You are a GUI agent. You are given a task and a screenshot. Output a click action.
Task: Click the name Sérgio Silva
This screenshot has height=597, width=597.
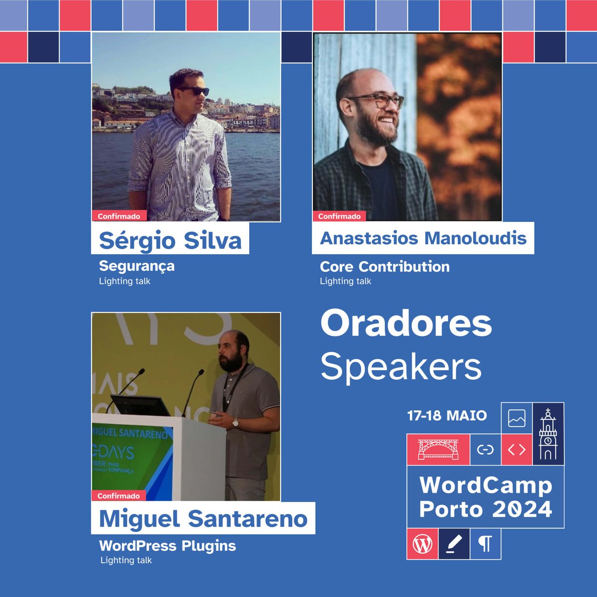(170, 241)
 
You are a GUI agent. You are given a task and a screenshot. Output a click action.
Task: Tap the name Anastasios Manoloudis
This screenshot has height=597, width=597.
(423, 238)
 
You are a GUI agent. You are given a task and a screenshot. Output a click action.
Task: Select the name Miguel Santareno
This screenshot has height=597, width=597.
(203, 519)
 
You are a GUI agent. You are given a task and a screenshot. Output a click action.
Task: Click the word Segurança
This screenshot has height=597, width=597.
(137, 266)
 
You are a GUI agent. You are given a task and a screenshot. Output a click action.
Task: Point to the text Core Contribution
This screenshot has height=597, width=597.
(385, 267)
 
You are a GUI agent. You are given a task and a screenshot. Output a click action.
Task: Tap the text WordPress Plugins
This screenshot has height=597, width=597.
(168, 546)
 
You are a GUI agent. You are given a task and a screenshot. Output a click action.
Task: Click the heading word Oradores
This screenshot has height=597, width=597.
(406, 323)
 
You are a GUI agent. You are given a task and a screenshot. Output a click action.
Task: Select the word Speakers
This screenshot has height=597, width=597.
(401, 367)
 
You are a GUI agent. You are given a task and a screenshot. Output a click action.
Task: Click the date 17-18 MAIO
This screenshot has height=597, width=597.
(447, 415)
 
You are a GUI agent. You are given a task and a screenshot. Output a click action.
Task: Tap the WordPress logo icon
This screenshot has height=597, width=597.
(422, 544)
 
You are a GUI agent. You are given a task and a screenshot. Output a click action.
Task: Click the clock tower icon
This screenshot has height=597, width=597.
(548, 434)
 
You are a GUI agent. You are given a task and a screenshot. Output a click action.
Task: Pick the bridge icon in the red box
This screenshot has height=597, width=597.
(438, 449)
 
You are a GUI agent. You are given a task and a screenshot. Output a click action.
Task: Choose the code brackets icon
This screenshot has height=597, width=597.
(516, 450)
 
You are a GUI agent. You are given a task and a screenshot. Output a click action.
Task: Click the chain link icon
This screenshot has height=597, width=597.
(485, 450)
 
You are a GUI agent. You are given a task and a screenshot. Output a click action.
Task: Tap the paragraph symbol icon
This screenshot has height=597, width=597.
(485, 544)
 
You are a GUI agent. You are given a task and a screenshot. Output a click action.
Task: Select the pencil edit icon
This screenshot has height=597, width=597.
(454, 544)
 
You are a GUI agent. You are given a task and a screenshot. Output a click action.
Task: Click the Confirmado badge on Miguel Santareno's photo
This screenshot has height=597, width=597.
(118, 496)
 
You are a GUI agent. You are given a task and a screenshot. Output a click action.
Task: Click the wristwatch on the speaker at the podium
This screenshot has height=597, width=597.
(236, 422)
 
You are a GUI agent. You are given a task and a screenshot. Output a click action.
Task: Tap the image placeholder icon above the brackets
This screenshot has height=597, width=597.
(516, 418)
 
